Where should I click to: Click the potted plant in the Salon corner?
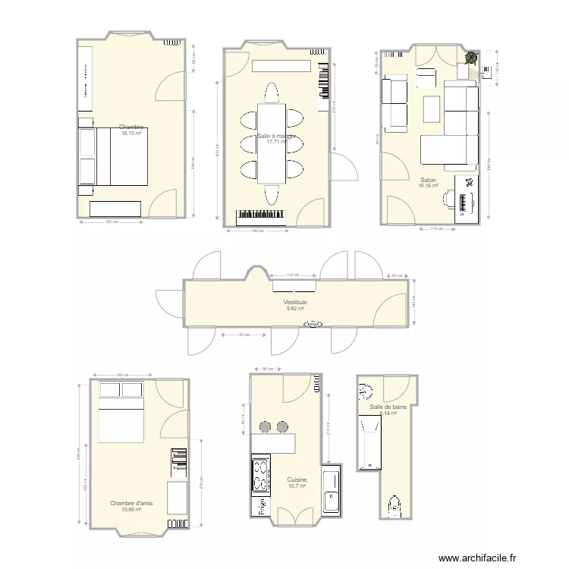pos(471,58)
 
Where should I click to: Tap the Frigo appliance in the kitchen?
pos(260,505)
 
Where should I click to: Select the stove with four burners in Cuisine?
pos(260,475)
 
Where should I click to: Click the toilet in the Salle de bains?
pos(395,505)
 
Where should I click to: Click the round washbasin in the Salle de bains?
pos(366,391)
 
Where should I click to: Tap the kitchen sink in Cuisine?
pos(331,491)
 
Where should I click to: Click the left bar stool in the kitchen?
pos(266,426)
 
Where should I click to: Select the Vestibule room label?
pos(295,302)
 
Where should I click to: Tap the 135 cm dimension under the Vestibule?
pos(243,335)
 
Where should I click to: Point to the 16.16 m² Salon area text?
pos(429,186)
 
